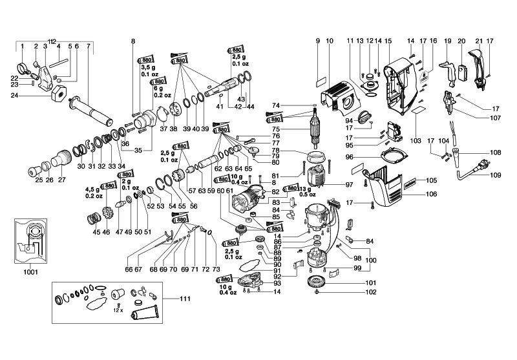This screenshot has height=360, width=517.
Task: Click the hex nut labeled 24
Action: click(x=56, y=95)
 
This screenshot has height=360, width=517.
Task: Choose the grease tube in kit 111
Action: click(x=148, y=319)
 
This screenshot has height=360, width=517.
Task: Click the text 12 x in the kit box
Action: click(x=116, y=310)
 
